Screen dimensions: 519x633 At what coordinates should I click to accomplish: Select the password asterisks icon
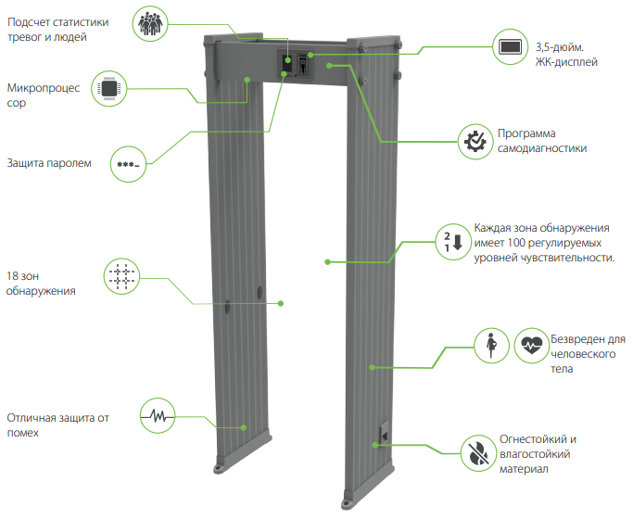tap(127, 164)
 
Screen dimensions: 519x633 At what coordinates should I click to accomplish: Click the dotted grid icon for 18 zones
tap(121, 276)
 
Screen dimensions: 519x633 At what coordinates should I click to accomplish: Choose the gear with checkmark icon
tap(475, 141)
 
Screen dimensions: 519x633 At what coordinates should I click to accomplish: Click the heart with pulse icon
tap(530, 345)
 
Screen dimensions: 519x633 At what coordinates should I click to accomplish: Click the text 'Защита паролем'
tap(49, 163)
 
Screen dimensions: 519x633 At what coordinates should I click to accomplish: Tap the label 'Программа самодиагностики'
tap(541, 140)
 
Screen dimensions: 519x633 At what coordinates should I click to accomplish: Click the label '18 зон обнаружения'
tap(41, 284)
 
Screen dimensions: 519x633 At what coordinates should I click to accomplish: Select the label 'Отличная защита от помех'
tap(58, 424)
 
